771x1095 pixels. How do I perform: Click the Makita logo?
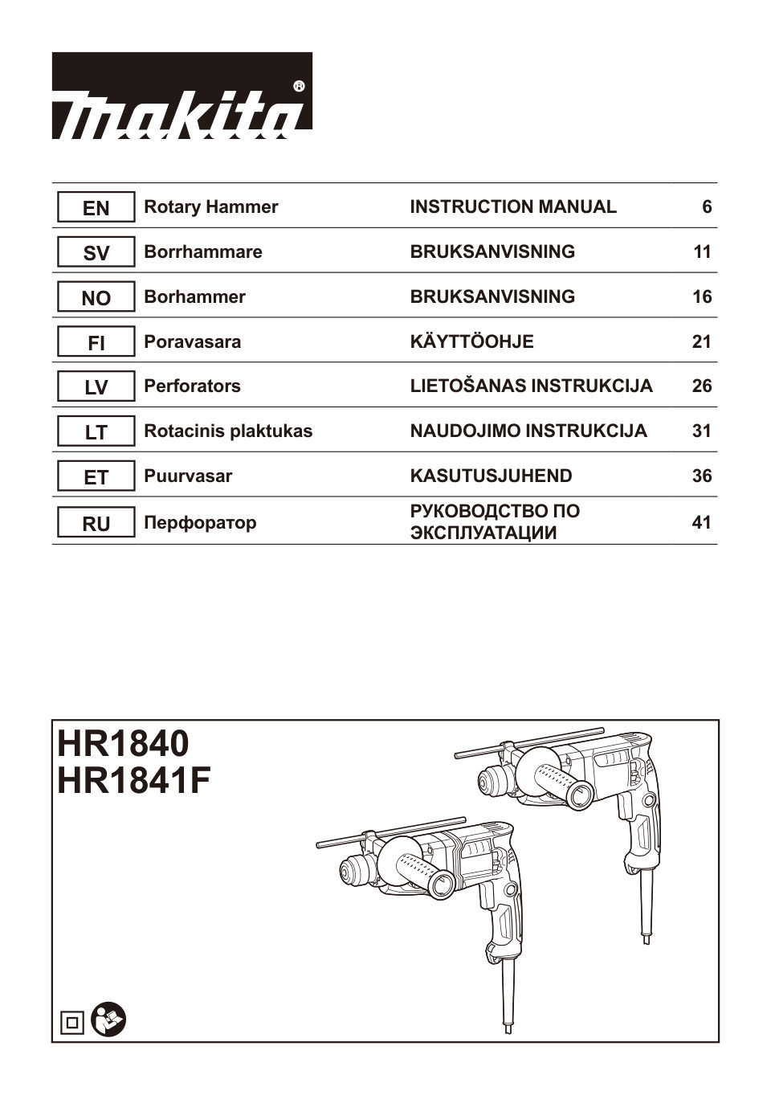tap(182, 96)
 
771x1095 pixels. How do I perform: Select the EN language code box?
tap(96, 208)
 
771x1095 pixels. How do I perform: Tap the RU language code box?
tap(96, 524)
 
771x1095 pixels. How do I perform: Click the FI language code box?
tap(96, 343)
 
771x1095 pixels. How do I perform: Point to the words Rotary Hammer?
tap(210, 207)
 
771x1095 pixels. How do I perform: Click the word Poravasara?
tap(192, 342)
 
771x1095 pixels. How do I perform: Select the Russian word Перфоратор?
tap(200, 523)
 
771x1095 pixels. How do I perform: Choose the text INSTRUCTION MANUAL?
tap(513, 207)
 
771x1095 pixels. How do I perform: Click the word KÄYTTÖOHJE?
tap(471, 342)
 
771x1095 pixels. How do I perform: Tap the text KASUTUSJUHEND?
tap(491, 476)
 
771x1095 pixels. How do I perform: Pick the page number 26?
tap(701, 386)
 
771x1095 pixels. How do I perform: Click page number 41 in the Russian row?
tap(701, 523)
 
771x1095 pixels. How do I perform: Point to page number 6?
tap(706, 207)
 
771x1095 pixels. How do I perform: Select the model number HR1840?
tap(123, 743)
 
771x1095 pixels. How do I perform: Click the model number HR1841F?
tap(134, 781)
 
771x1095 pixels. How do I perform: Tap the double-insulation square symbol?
tap(72, 1023)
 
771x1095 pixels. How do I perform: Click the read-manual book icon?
tap(108, 1020)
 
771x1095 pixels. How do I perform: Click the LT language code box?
tap(96, 432)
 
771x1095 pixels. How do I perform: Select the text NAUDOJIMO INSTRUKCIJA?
tap(528, 431)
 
